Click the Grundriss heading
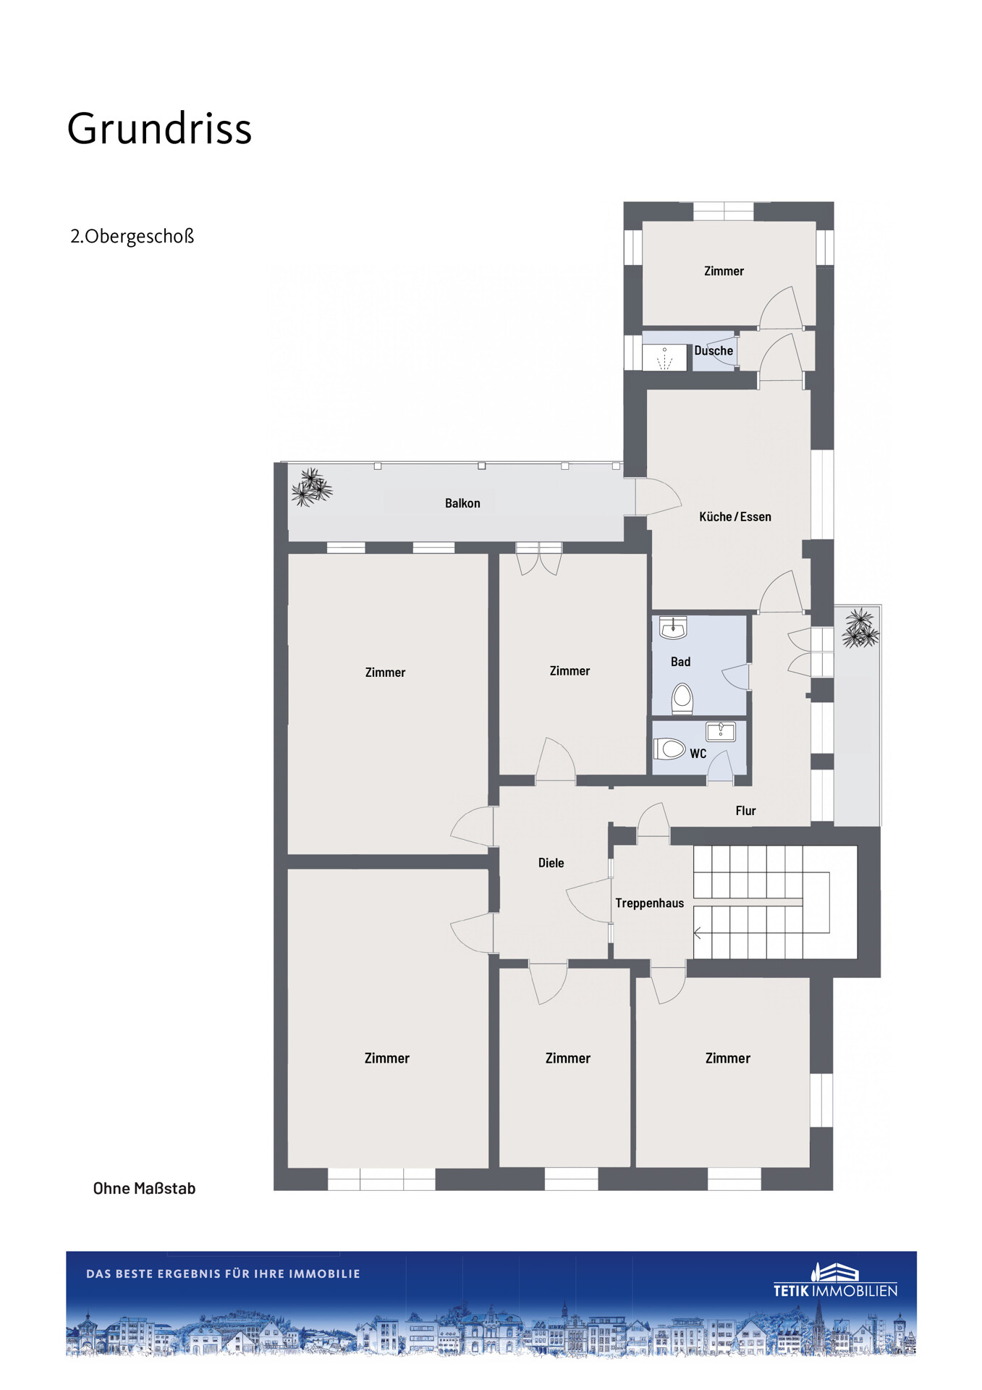(159, 130)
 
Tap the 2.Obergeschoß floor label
(132, 237)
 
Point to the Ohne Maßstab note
(144, 1188)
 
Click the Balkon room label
(462, 503)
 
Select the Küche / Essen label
(735, 517)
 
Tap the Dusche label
(714, 351)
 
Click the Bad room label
(680, 662)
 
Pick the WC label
(698, 754)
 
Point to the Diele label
(551, 863)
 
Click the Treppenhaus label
(649, 903)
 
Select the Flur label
(745, 811)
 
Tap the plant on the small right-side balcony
(860, 628)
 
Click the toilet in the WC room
(669, 748)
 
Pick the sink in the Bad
(672, 628)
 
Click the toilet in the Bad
(682, 699)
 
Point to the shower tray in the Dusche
(664, 358)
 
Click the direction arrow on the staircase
(698, 933)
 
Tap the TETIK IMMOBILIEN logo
(835, 1280)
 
